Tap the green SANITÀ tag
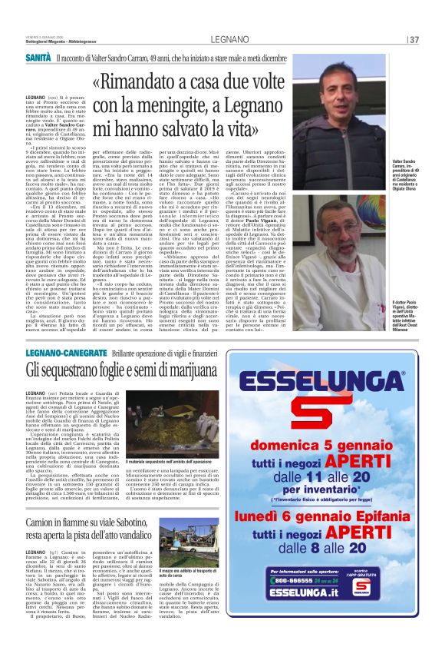[x=38, y=58]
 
